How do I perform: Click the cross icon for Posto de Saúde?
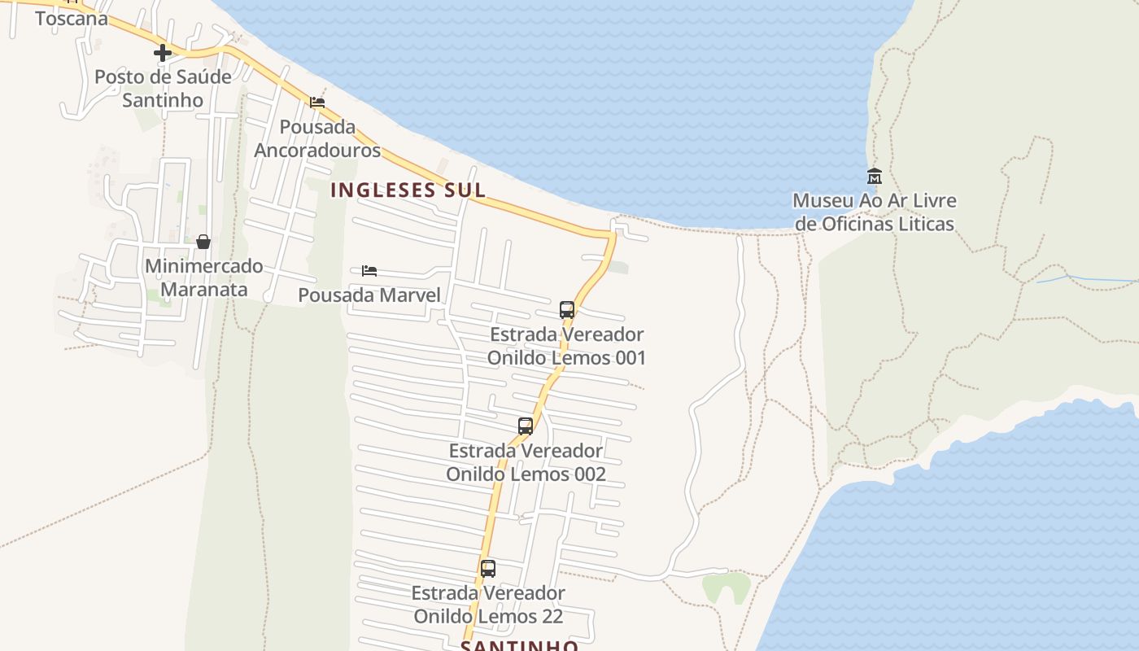tap(163, 54)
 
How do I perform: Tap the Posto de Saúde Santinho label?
tap(163, 89)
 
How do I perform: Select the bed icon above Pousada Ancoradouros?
tap(317, 103)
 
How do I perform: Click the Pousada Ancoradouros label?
tap(317, 138)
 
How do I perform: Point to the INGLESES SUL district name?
tap(408, 190)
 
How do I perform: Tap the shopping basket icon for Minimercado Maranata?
tap(203, 242)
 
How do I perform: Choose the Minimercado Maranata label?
tap(203, 277)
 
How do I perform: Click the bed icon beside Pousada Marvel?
tap(369, 270)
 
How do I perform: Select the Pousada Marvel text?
tap(369, 295)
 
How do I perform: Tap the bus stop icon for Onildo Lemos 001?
tap(567, 310)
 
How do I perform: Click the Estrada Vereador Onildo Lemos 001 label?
tap(566, 346)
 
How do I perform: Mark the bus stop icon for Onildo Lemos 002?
tap(526, 426)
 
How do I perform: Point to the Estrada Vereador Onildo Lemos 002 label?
tap(526, 462)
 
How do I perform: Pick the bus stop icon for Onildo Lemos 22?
tap(488, 569)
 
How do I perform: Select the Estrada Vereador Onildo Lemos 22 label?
tap(488, 605)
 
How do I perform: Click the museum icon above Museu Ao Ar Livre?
tap(875, 176)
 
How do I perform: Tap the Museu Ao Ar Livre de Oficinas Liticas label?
tap(875, 212)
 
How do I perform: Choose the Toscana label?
tap(72, 18)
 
